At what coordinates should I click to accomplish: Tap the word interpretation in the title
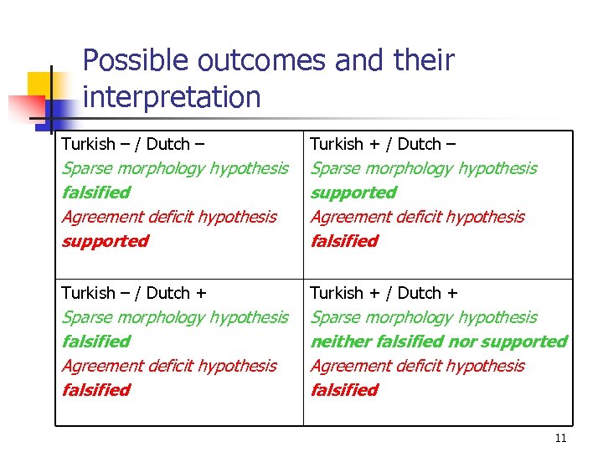173,98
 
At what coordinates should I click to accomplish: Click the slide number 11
560,438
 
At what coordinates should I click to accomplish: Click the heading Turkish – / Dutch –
132,144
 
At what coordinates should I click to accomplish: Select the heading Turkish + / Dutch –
383,144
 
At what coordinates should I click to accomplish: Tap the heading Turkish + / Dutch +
384,293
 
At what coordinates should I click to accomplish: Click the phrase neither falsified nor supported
438,342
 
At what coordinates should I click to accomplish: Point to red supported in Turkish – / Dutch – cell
105,241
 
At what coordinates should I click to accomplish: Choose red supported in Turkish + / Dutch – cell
353,193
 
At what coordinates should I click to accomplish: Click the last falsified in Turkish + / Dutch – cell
344,241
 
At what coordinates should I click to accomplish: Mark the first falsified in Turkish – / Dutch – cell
96,193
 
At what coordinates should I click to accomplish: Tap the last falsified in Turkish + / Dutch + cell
344,390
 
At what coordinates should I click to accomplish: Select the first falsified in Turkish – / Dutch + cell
96,342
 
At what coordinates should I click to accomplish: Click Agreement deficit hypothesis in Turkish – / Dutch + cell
168,366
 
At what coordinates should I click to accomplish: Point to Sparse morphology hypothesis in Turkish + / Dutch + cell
424,317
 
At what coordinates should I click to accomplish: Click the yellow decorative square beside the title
40,84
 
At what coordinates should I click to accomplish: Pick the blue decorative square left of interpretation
60,110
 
